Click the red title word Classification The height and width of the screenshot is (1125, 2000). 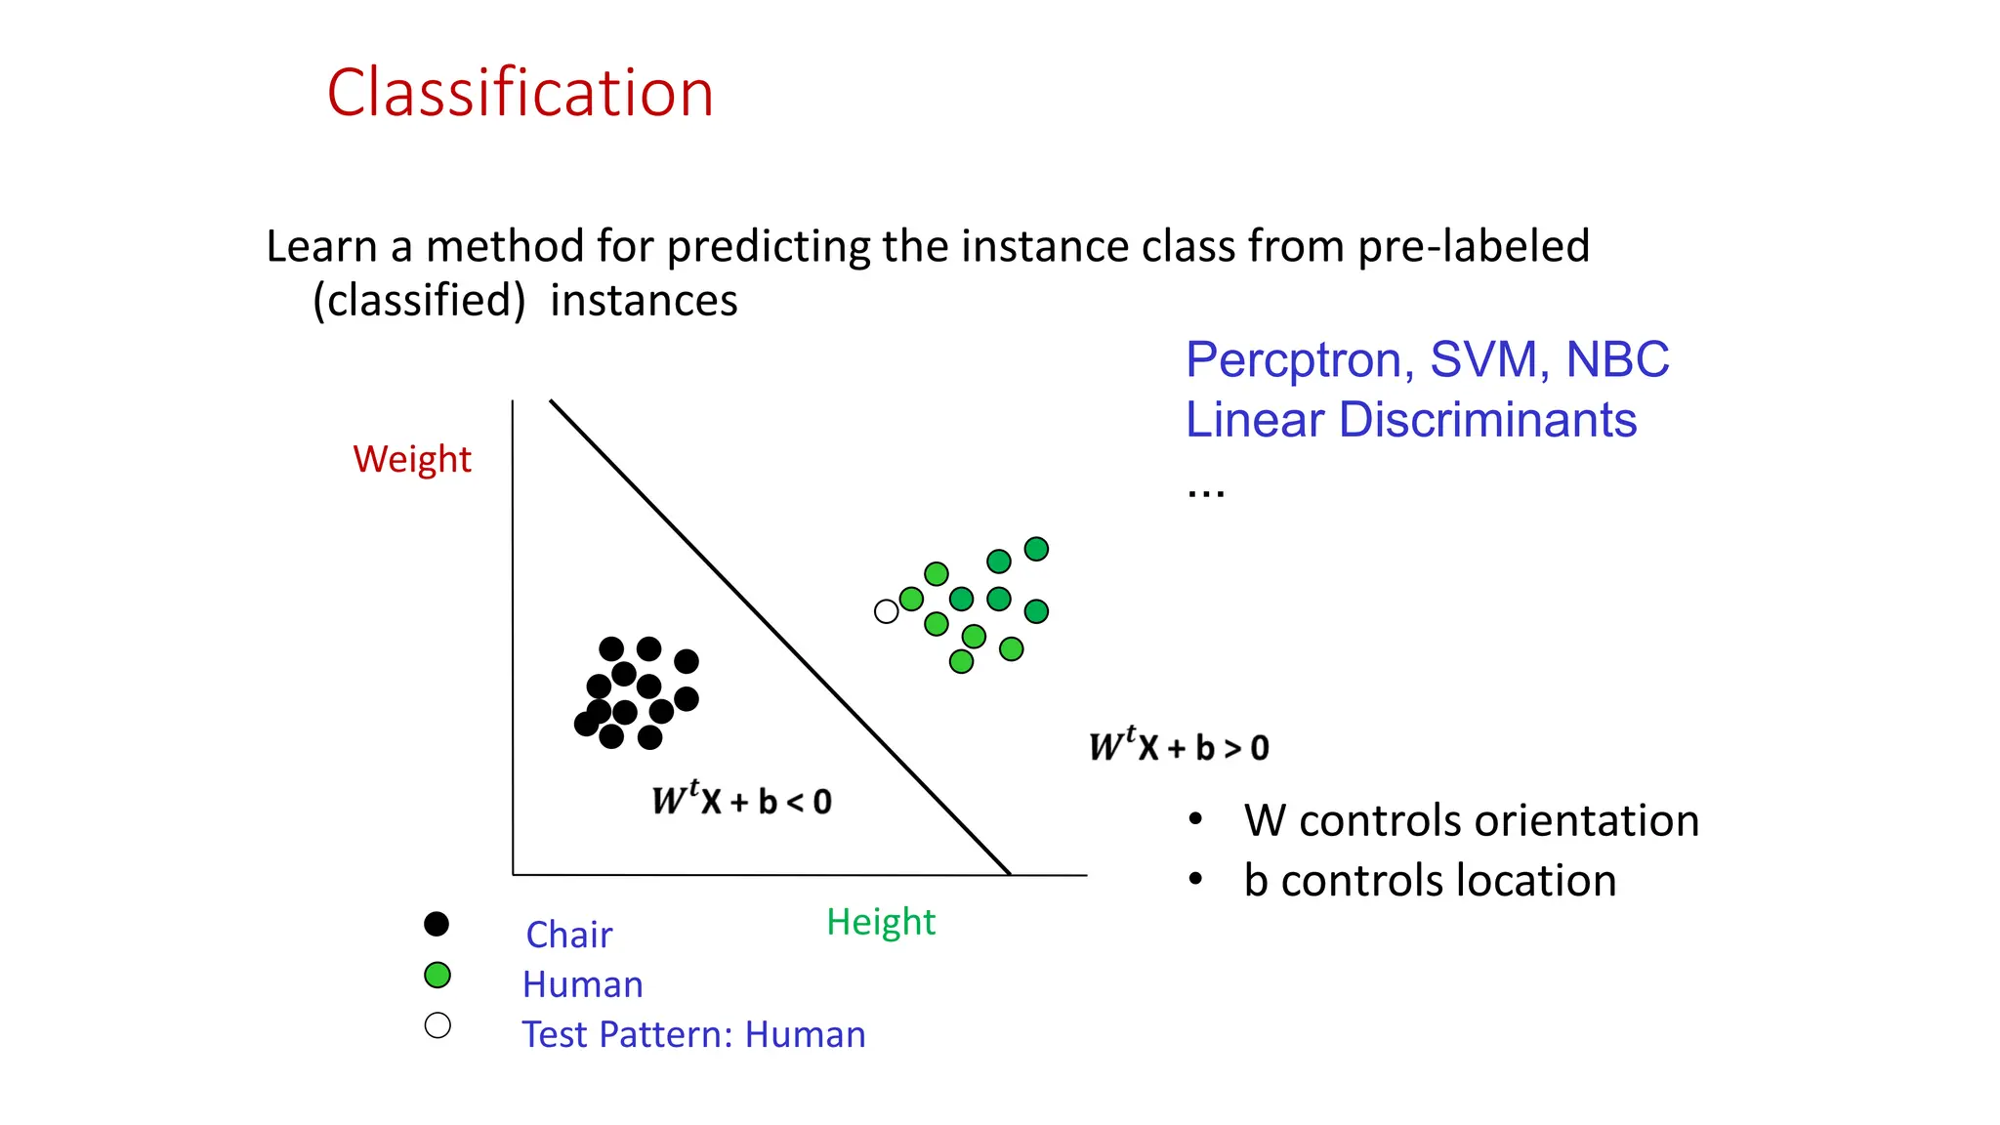coord(520,94)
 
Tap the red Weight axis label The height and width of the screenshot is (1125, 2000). coord(412,459)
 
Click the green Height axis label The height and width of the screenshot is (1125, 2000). coord(880,922)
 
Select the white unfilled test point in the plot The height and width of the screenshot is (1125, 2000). coord(886,612)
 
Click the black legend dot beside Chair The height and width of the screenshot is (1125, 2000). coord(437,924)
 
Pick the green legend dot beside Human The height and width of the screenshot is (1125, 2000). coord(437,975)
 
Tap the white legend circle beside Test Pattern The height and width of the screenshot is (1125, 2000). coord(437,1025)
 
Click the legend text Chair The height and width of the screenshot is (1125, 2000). coord(568,936)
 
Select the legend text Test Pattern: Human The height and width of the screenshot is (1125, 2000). coord(693,1035)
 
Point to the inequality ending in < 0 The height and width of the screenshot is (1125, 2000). coord(742,800)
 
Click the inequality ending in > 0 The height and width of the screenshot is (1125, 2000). coord(1179,747)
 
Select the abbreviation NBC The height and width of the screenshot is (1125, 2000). coord(1617,360)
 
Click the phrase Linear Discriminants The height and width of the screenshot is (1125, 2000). coord(1410,421)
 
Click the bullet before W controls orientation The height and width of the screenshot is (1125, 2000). coord(1195,819)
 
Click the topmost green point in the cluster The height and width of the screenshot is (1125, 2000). coord(1036,549)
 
